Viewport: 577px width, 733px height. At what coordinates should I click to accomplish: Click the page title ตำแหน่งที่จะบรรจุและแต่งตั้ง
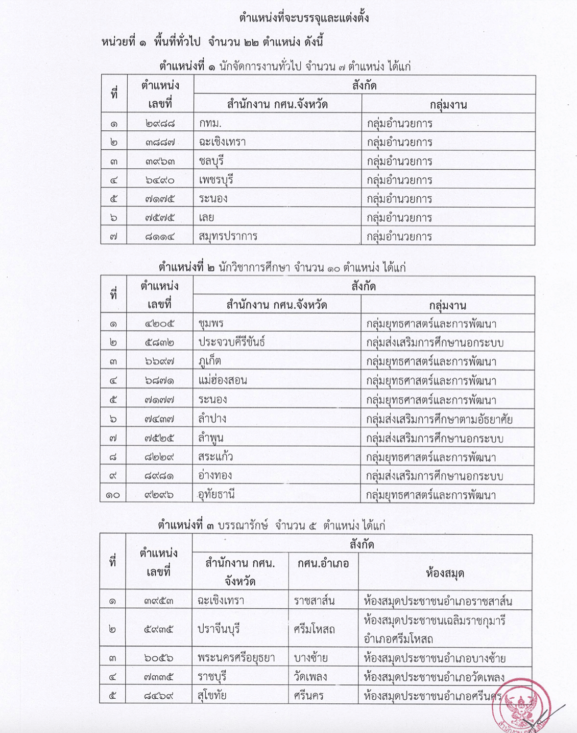point(304,18)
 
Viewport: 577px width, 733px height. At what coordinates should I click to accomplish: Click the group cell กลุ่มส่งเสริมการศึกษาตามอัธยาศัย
point(439,420)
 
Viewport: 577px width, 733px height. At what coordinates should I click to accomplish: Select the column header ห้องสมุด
point(445,572)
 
